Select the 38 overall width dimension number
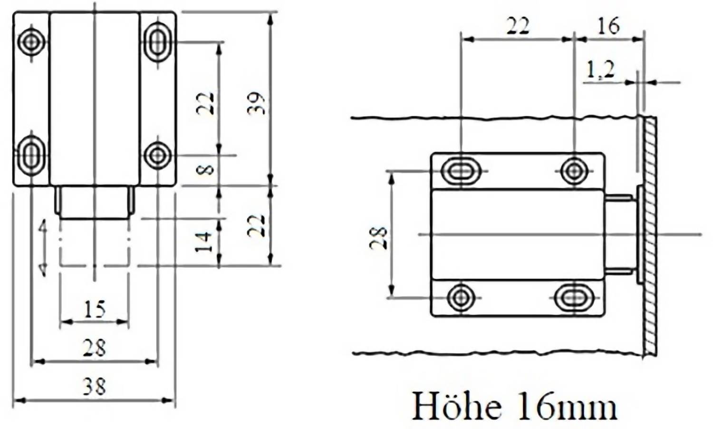[94, 386]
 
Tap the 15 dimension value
[94, 309]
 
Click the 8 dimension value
[205, 169]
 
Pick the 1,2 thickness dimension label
[600, 70]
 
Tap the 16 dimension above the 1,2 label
[608, 26]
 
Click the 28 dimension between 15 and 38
[94, 348]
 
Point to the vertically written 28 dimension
[379, 238]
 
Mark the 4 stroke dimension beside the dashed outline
[43, 247]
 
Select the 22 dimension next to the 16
[517, 26]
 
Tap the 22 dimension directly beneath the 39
[257, 226]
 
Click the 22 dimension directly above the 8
[205, 102]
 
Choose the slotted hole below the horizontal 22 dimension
[459, 170]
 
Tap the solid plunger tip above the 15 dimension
[94, 202]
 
